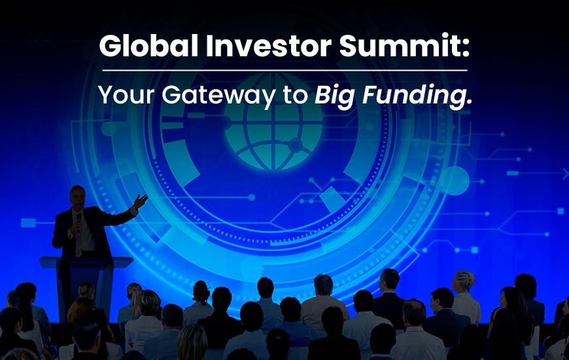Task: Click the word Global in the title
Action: [138, 48]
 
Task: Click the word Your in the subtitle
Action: [127, 95]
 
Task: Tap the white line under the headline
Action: [284, 70]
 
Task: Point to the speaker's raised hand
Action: [141, 200]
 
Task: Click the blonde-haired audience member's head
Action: [465, 281]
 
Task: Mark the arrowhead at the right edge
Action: [565, 173]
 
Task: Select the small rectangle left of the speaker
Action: [28, 223]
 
